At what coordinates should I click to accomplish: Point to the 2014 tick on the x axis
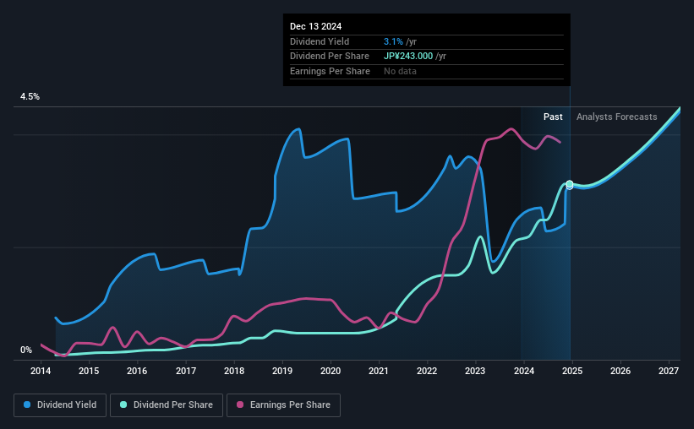[41, 371]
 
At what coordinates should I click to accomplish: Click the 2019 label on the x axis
[282, 371]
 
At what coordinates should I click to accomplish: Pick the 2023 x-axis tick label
[475, 371]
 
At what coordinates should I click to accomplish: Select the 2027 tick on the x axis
[668, 371]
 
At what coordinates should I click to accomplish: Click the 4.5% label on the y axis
[30, 97]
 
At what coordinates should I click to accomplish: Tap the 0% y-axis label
[26, 350]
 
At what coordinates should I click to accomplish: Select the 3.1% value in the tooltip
[393, 41]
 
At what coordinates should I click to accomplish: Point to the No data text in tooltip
[400, 72]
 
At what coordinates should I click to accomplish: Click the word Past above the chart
[553, 117]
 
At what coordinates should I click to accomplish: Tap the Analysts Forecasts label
[616, 117]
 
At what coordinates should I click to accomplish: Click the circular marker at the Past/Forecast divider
[570, 184]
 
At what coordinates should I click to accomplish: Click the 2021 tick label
[379, 371]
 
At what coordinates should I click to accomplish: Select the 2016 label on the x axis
[138, 371]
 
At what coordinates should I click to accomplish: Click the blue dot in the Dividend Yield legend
[28, 405]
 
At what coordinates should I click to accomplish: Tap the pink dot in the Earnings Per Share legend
[241, 405]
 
